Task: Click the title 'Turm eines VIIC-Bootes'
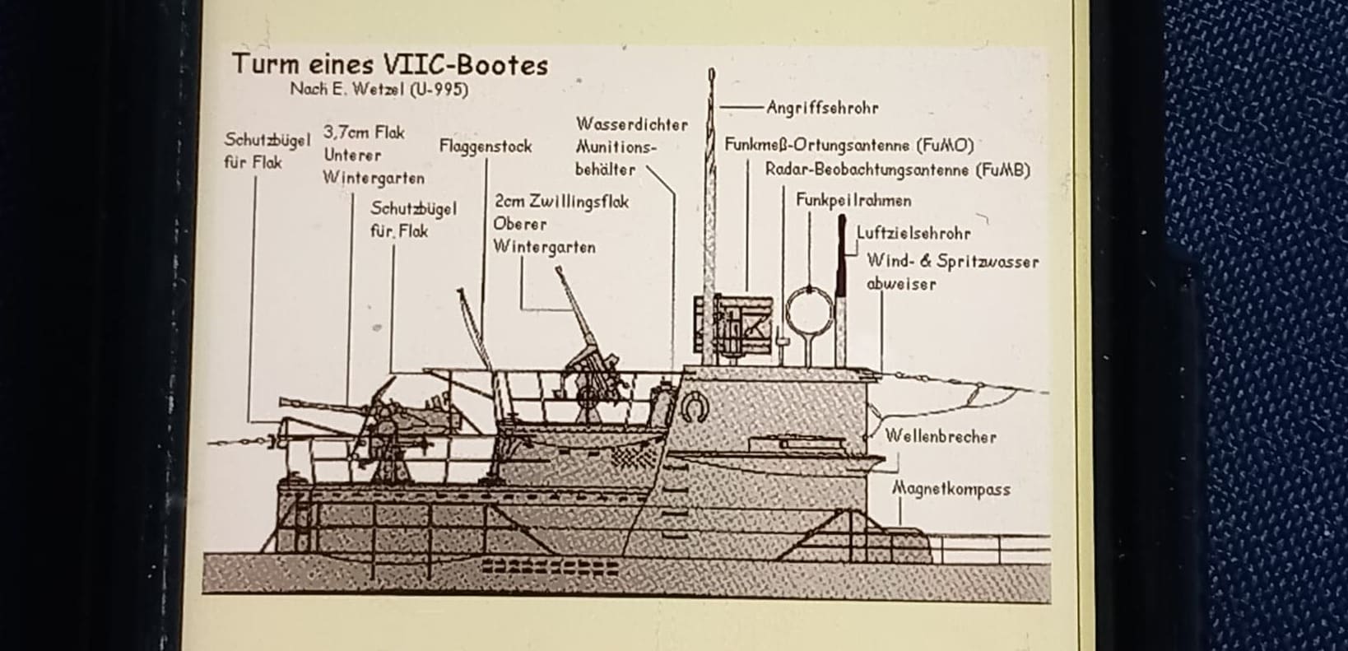[390, 64]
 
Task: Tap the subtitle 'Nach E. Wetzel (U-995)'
[379, 90]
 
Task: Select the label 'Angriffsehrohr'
[822, 108]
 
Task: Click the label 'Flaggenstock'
[486, 146]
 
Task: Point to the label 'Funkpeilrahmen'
[853, 200]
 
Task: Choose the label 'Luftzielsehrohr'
[913, 233]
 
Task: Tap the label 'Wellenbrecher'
[941, 436]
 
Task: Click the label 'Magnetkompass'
[951, 489]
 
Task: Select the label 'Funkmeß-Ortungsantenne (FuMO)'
[849, 145]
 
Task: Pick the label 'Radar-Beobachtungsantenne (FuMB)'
[898, 170]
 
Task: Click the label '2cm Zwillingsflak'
[561, 202]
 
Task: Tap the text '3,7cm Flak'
[364, 132]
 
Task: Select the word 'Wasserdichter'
[631, 124]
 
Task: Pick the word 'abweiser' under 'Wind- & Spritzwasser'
[901, 284]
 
